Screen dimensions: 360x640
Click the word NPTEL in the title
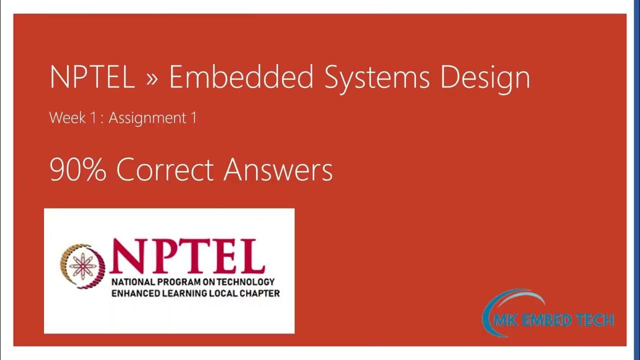click(92, 78)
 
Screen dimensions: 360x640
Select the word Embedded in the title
click(241, 78)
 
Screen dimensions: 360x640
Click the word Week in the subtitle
click(66, 118)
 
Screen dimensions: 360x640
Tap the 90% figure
click(78, 170)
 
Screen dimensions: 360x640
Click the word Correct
click(165, 170)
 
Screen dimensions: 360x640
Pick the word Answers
click(278, 170)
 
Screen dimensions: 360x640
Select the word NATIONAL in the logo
click(131, 282)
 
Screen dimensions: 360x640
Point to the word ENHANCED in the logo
click(132, 293)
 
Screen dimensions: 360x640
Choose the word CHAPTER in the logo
click(259, 293)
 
